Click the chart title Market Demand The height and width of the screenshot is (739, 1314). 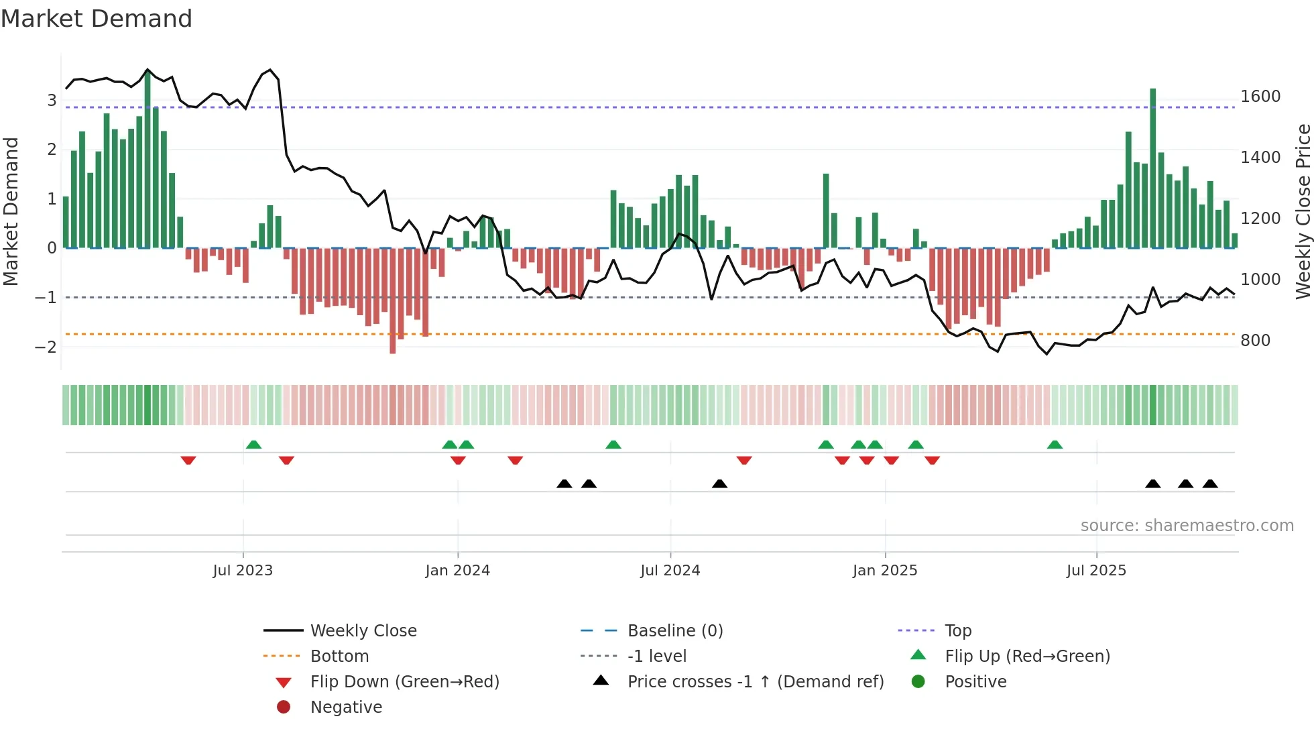tap(97, 19)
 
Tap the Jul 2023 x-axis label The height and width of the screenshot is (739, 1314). tap(243, 571)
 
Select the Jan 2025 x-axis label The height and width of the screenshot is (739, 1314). tap(885, 571)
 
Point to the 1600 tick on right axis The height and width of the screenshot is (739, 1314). tap(1260, 97)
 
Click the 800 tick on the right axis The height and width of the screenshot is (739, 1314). tap(1255, 341)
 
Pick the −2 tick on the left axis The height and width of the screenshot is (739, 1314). tap(46, 347)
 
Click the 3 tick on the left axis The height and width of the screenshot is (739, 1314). tap(52, 101)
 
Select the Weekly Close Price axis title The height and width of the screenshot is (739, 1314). tap(1303, 211)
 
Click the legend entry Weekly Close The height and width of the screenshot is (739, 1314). tap(363, 631)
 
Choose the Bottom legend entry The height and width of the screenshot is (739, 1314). tap(339, 657)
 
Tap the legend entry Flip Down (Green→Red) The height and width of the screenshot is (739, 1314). tap(404, 682)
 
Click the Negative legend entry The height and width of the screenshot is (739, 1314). tap(346, 707)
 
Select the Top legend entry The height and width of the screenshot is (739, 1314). tap(958, 631)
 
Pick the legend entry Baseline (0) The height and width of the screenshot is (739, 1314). tap(675, 631)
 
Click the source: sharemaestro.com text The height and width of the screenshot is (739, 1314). tap(1187, 526)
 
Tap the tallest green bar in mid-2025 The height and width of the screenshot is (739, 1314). tap(1153, 168)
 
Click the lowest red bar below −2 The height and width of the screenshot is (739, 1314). tap(393, 302)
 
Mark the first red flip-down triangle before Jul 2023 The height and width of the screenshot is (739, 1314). tap(188, 460)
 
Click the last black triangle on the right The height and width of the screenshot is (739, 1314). tap(1210, 484)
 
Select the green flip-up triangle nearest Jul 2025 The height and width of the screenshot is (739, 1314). tap(1055, 445)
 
